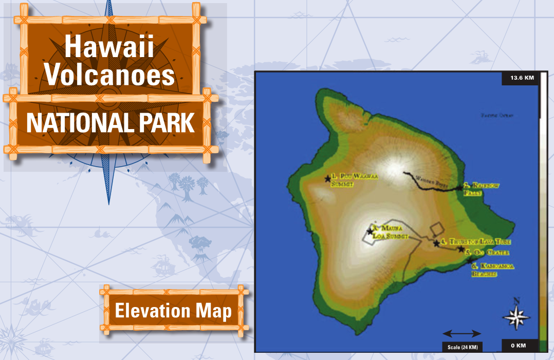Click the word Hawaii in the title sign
pyautogui.click(x=109, y=48)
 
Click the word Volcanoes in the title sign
pyautogui.click(x=109, y=75)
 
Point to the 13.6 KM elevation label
pyautogui.click(x=522, y=78)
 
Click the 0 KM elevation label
pyautogui.click(x=518, y=345)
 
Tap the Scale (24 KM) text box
pyautogui.click(x=463, y=347)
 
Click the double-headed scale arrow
pyautogui.click(x=461, y=333)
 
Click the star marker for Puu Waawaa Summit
pyautogui.click(x=327, y=179)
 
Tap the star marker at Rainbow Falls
pyautogui.click(x=459, y=188)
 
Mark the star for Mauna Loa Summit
pyautogui.click(x=370, y=231)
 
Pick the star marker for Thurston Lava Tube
pyautogui.click(x=436, y=243)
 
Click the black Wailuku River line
pyautogui.click(x=427, y=186)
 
